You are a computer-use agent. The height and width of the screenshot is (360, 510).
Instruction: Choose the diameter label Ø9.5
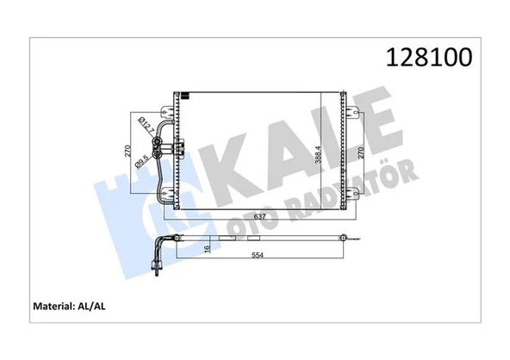(x=147, y=161)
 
